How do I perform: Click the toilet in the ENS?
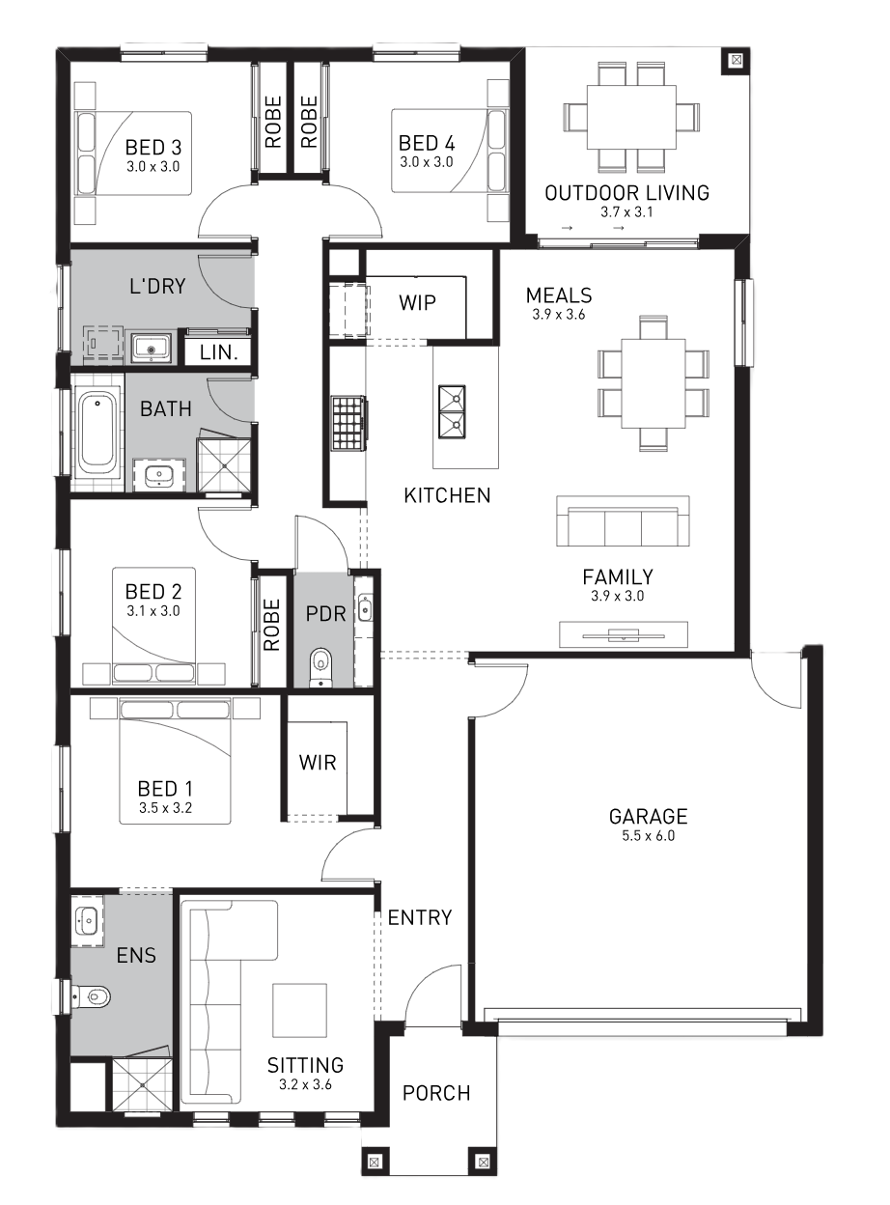[x=92, y=996]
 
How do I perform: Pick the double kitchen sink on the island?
[x=452, y=412]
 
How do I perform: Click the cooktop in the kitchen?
[x=348, y=423]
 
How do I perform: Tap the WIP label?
[x=417, y=302]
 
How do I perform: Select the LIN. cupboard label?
[x=218, y=352]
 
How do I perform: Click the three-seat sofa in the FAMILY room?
[x=623, y=521]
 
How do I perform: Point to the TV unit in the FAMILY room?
[x=624, y=634]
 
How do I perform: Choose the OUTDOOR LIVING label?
[x=627, y=193]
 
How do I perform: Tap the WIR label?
[x=318, y=763]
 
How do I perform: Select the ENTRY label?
[x=420, y=917]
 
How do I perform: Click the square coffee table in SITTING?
[x=300, y=1011]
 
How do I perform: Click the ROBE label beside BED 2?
[x=271, y=625]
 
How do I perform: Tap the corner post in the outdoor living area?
[x=736, y=60]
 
